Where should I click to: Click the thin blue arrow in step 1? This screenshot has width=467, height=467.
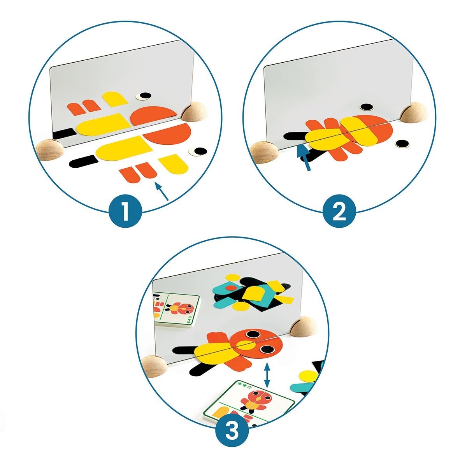coord(162,192)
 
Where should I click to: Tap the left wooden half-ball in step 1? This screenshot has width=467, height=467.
coord(49,149)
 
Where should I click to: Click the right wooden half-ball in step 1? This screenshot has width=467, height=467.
coord(195,112)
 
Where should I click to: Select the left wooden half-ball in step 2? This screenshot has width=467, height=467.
coord(264,153)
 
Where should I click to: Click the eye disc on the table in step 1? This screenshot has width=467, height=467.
coord(198,151)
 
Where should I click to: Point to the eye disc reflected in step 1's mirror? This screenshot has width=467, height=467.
coord(144,96)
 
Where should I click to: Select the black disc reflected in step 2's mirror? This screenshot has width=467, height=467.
coord(367,106)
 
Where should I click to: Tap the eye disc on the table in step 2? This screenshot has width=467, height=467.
coord(402,144)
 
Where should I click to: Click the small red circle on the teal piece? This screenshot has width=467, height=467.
coord(231,288)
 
